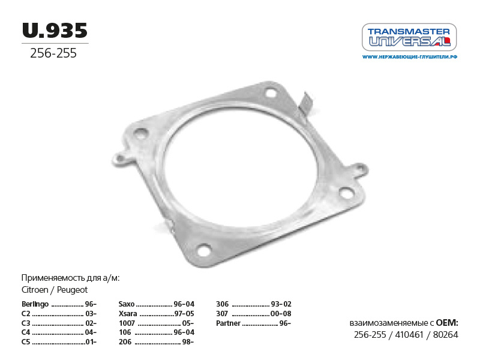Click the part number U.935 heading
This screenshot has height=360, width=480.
click(x=55, y=31)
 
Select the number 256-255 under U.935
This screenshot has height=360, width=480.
click(x=53, y=53)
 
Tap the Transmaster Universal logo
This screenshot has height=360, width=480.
click(x=409, y=37)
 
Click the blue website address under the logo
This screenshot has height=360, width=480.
click(x=410, y=57)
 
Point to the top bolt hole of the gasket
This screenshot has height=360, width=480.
click(x=271, y=92)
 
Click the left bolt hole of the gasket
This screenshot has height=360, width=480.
click(x=141, y=133)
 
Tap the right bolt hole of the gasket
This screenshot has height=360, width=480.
click(x=347, y=193)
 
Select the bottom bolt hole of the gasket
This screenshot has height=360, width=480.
click(x=204, y=250)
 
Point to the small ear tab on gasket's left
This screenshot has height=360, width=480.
click(x=121, y=159)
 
